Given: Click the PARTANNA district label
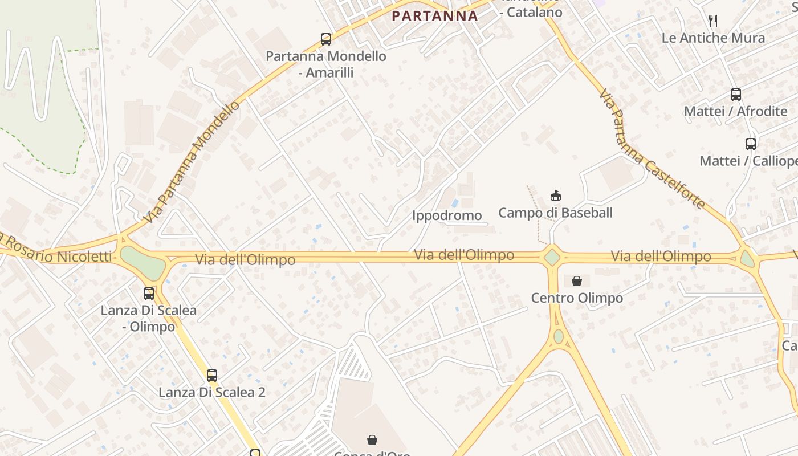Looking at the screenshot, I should point(434,16).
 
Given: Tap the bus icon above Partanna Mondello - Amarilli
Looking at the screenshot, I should point(326,39).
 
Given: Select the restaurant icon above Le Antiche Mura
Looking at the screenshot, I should point(713,21).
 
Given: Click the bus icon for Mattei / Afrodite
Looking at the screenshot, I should point(736,95).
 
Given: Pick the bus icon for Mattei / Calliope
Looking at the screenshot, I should point(751,144).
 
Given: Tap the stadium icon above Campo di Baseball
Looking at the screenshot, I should point(555,196).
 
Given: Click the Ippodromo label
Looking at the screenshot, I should point(447,215).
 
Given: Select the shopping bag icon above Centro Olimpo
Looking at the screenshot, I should point(577,281).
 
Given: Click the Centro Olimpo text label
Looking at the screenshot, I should point(577,298).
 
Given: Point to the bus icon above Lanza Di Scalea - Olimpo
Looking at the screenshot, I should point(149,294).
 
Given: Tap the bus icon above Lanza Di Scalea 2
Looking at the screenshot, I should point(212,376).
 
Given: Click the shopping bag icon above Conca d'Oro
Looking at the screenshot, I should point(372,440).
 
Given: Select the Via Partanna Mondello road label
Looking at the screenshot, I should point(192,162).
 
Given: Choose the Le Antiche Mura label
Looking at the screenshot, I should point(713,38).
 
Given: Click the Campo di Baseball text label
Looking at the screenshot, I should point(555,213).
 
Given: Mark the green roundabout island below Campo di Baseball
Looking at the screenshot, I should point(552,257).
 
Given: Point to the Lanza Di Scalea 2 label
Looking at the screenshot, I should point(212,393).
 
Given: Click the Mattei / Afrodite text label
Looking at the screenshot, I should point(736,111).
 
